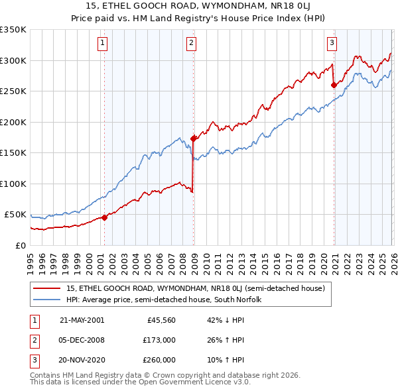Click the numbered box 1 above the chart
[103, 44]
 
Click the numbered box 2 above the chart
[191, 44]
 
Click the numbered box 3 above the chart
[332, 44]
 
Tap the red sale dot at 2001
[105, 217]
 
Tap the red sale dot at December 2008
[194, 139]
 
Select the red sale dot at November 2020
[334, 84]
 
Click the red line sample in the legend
[48, 288]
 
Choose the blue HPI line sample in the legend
[48, 300]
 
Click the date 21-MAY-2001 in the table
[82, 320]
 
